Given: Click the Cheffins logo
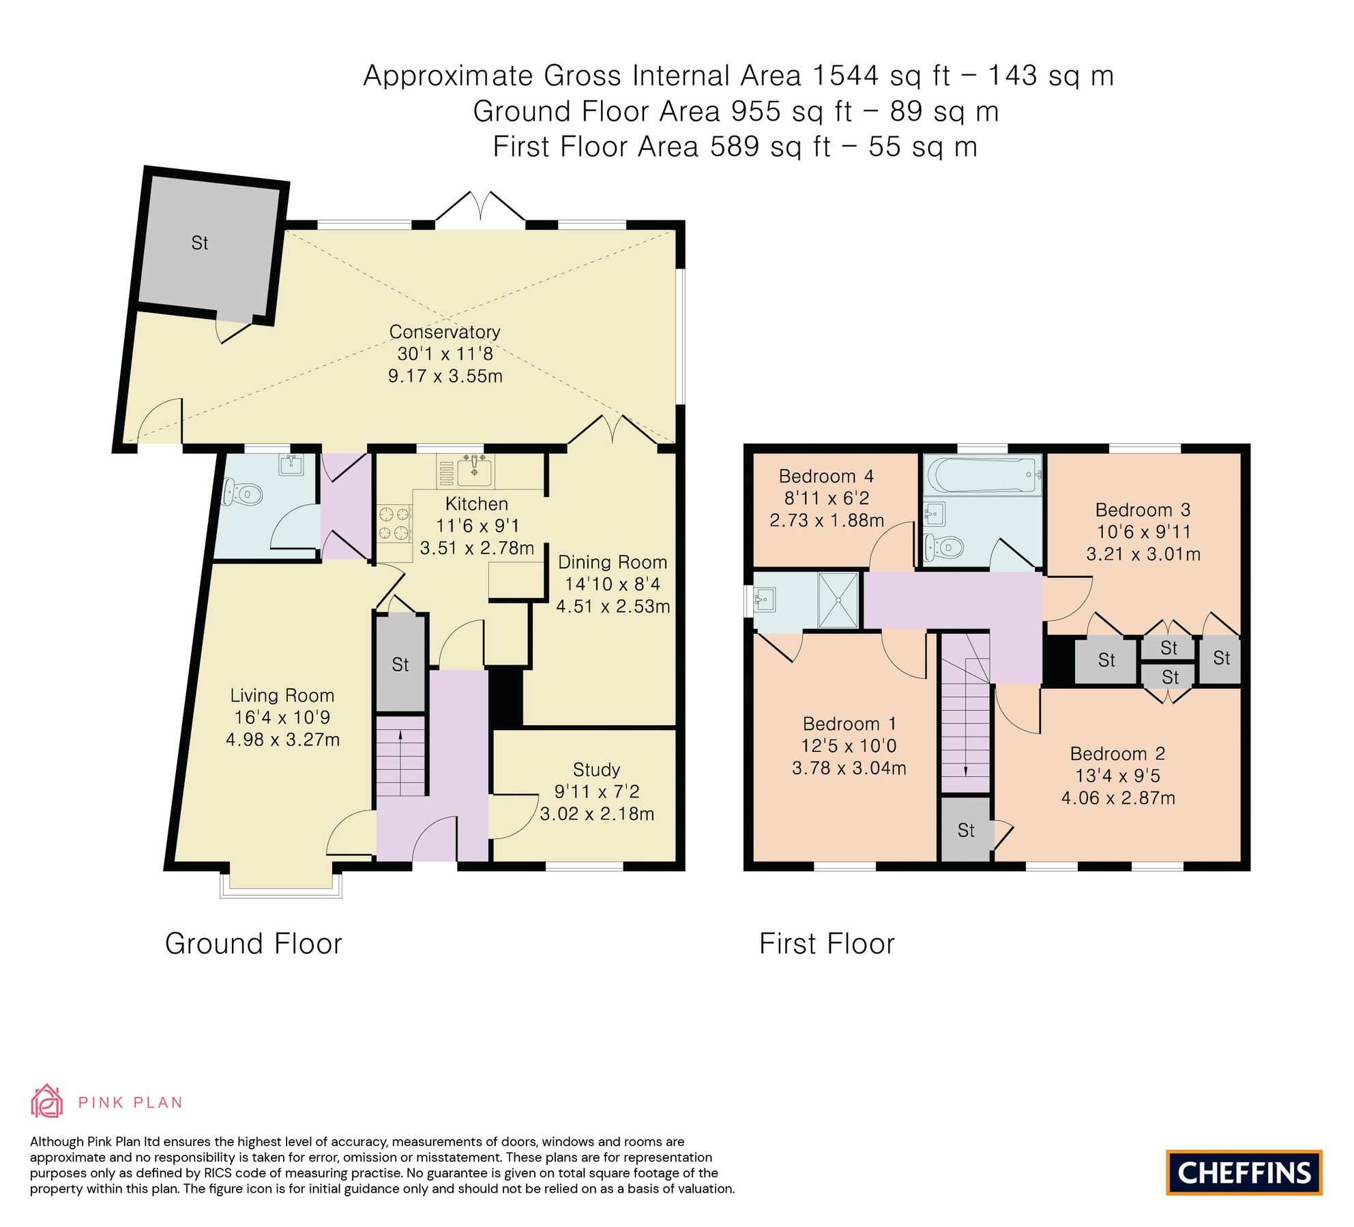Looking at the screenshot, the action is coord(1243,1172).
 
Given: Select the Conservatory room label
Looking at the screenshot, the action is coord(445,332).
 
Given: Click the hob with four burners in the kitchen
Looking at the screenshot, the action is coord(394,523).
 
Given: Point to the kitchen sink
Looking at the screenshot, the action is coord(474,470).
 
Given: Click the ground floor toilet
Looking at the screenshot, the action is coord(244,493).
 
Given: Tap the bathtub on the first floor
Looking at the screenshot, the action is coord(982,473).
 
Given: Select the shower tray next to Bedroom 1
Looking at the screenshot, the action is coord(838,600).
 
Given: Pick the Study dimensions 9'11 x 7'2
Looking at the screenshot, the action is coord(597,791).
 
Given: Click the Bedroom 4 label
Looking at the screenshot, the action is coord(826,476).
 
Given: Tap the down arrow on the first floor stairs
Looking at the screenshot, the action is coord(966,770).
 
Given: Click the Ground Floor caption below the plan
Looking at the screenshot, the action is coord(253,944).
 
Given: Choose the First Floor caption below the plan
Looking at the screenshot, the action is coord(827,944).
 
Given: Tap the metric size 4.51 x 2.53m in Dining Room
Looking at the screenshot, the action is coord(613,606).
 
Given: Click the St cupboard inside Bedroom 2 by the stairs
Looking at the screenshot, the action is coord(966,830).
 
